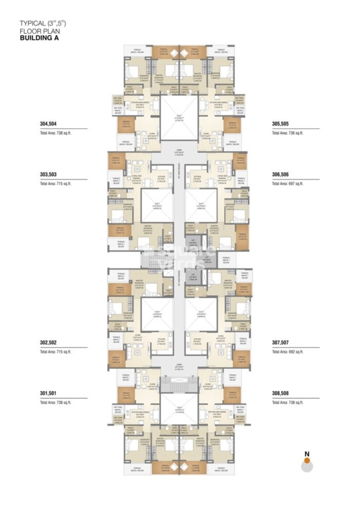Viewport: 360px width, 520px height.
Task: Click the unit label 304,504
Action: click(48, 124)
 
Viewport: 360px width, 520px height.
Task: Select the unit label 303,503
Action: click(48, 175)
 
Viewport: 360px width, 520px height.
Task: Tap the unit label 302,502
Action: click(48, 343)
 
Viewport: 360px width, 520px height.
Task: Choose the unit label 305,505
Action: click(280, 124)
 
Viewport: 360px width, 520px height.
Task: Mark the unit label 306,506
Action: click(280, 175)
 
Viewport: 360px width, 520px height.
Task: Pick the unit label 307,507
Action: click(280, 343)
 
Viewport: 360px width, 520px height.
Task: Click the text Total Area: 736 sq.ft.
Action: click(288, 133)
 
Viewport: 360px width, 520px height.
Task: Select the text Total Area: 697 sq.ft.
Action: click(288, 184)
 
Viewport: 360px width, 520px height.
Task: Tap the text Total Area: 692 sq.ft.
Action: click(288, 352)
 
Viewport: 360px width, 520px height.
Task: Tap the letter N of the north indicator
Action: click(307, 454)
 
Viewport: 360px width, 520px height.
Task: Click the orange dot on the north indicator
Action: click(307, 460)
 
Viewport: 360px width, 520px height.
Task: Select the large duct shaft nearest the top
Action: click(179, 117)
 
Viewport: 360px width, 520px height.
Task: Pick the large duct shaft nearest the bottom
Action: click(179, 409)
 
